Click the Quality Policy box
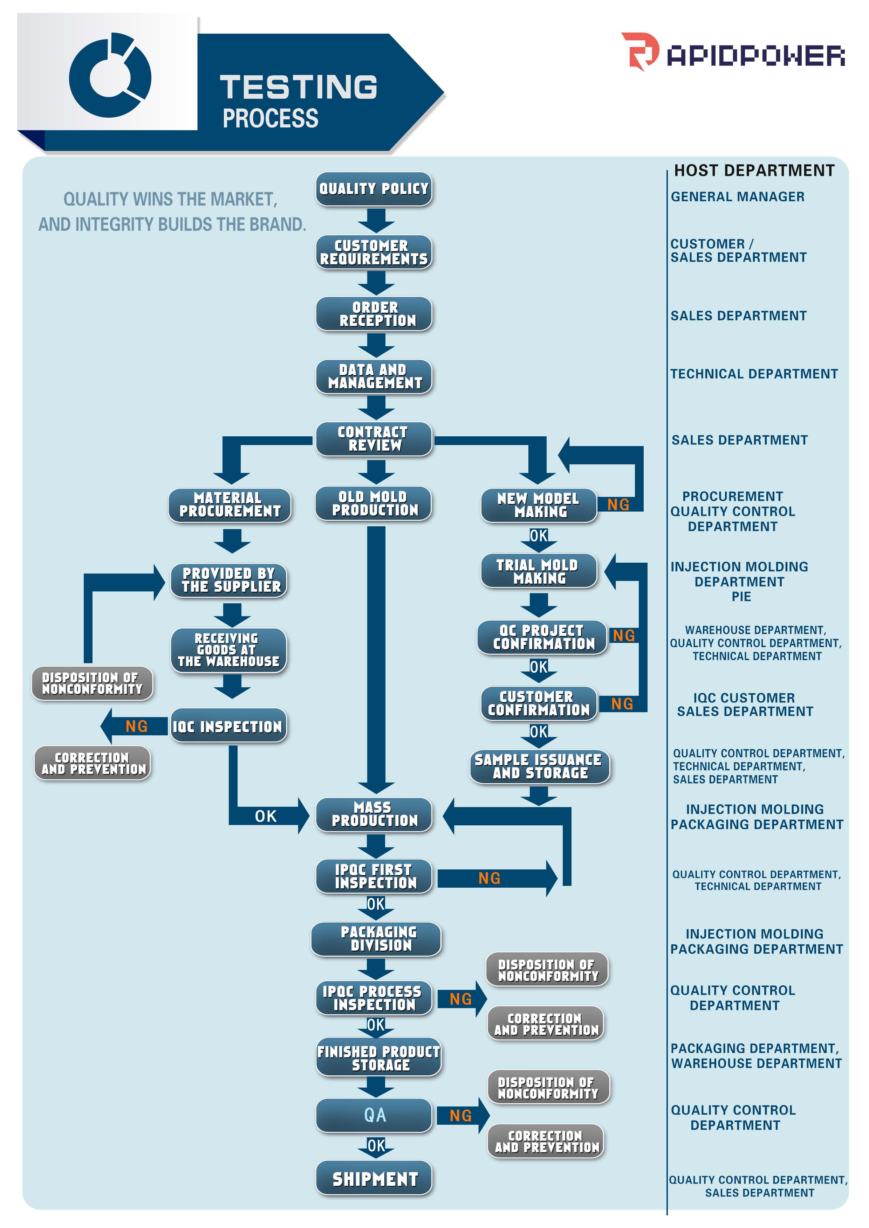[x=374, y=189]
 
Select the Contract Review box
[x=374, y=438]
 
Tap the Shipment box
[x=374, y=1178]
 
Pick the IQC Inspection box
[x=228, y=726]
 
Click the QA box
[x=374, y=1115]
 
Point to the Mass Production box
[x=374, y=814]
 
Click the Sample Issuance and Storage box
[x=539, y=766]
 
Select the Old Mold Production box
[x=374, y=503]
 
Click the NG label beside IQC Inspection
[x=136, y=726]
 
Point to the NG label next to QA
[x=460, y=1116]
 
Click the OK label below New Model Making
[x=538, y=535]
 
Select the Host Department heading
[x=754, y=171]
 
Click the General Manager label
[x=737, y=197]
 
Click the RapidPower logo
[x=733, y=53]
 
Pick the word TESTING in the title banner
[x=299, y=86]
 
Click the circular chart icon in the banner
[x=110, y=75]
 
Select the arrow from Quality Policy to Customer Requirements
[x=376, y=220]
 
